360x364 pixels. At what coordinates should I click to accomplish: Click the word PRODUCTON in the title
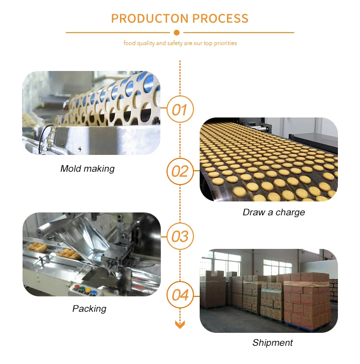(x=150, y=19)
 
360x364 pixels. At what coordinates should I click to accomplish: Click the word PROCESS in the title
(x=220, y=19)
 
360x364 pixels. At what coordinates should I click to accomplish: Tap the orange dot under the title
(x=177, y=33)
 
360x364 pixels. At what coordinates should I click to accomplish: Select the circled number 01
(x=180, y=109)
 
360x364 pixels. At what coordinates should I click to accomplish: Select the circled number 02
(x=180, y=171)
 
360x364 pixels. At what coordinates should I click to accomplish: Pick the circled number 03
(x=180, y=236)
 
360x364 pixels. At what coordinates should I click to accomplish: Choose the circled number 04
(x=180, y=295)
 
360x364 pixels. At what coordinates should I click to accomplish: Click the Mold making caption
(x=87, y=169)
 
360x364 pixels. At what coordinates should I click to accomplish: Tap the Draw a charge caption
(x=274, y=212)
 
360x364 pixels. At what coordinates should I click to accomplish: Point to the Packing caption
(x=89, y=309)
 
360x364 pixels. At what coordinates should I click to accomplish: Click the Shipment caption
(x=273, y=342)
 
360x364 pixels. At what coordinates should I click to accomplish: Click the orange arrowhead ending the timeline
(x=180, y=325)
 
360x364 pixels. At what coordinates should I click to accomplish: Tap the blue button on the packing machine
(x=94, y=292)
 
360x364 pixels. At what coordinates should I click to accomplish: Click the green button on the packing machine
(x=82, y=289)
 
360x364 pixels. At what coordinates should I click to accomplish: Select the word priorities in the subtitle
(x=225, y=44)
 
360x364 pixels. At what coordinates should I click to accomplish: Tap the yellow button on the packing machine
(x=88, y=291)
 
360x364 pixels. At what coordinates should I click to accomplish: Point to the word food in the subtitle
(x=130, y=43)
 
